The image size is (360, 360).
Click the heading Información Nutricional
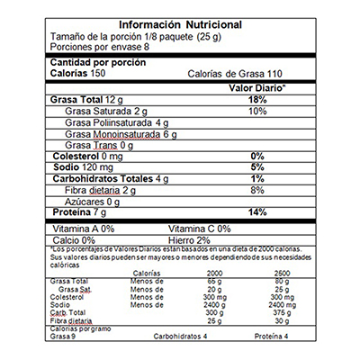[180, 23]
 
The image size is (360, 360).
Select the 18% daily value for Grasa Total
[257, 99]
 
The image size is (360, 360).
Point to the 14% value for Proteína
[257, 212]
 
